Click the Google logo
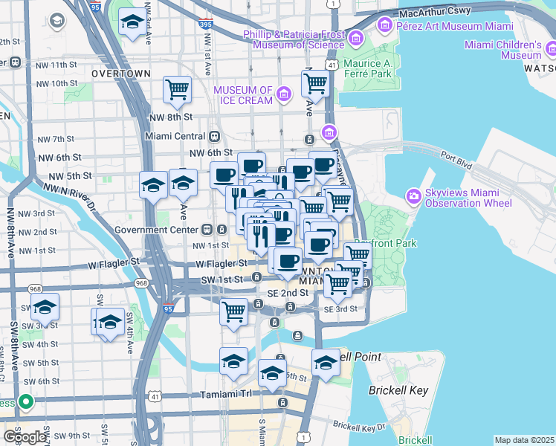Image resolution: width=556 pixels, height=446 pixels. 25,437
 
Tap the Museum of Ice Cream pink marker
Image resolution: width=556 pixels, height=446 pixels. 283,94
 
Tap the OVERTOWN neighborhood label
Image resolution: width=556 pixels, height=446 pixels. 120,74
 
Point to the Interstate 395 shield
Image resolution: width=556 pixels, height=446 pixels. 205,25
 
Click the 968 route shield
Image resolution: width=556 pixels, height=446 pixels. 139,283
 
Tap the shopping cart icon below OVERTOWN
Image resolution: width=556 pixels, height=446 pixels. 177,90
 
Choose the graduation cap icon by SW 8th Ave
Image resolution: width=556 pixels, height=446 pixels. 45,307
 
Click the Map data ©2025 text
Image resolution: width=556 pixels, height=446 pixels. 524,440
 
